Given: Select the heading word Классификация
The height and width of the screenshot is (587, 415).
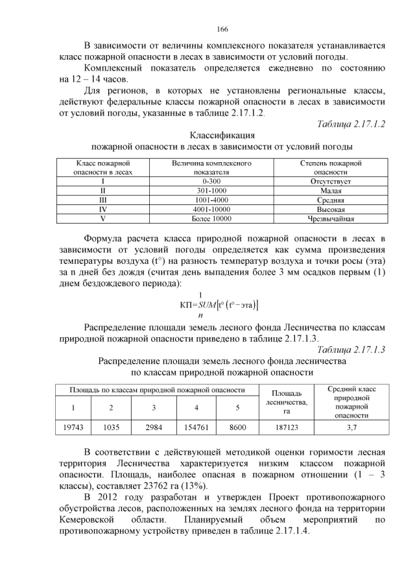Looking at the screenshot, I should click(222, 136).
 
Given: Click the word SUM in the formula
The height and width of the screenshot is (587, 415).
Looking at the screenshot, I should click(200, 305).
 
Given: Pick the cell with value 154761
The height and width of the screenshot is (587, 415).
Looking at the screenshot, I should click(195, 427).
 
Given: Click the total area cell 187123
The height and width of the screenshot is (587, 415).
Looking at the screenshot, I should click(286, 427).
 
